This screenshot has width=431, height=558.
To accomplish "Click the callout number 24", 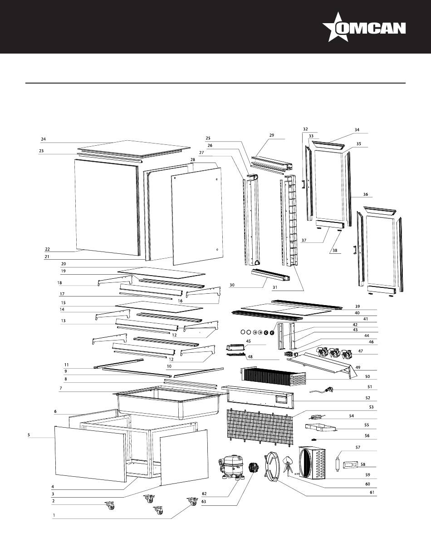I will (44, 139).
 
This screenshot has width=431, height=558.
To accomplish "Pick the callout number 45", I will (249, 341).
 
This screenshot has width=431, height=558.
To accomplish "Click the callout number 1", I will (54, 515).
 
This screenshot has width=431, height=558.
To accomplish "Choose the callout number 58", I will (362, 464).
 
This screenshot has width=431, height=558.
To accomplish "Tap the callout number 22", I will (47, 249).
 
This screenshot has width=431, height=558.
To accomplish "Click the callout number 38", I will (335, 251).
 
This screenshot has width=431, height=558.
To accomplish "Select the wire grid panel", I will (259, 427).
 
